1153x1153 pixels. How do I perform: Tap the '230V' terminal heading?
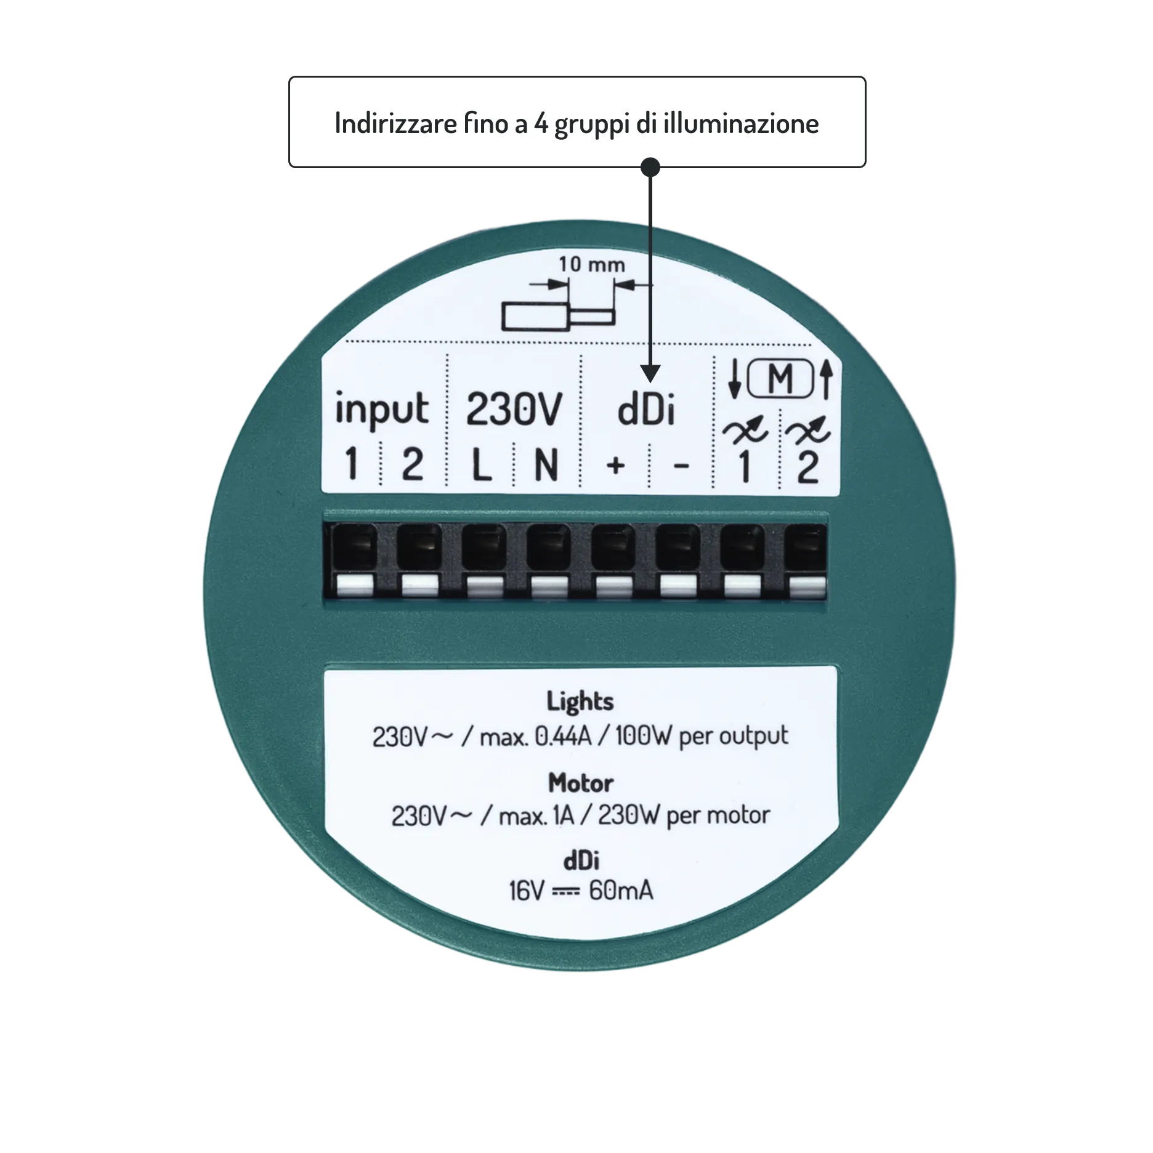(x=514, y=409)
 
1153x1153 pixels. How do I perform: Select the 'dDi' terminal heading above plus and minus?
(x=646, y=409)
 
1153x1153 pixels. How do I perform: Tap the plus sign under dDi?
(x=616, y=465)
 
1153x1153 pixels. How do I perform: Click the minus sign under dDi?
(x=682, y=466)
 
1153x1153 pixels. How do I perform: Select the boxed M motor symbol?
(x=780, y=378)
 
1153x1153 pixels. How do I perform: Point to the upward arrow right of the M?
(x=827, y=378)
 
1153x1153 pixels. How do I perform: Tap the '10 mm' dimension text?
(x=591, y=264)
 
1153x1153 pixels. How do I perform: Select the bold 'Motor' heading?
(x=581, y=783)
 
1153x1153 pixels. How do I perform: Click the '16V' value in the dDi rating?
(x=527, y=891)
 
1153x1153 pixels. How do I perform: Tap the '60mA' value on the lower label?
(x=621, y=891)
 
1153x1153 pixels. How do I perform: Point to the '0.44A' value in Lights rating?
(x=563, y=736)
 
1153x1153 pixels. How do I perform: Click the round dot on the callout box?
(x=650, y=167)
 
